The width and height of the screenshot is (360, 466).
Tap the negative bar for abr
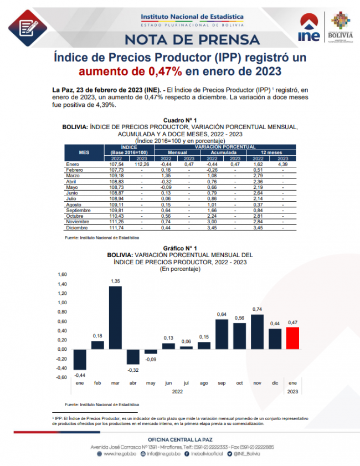tap(133, 356)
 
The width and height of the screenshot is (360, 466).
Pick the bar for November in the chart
tap(258, 331)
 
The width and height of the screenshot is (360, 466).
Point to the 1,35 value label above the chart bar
tap(116, 281)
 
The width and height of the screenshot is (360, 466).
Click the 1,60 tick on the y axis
tap(62, 274)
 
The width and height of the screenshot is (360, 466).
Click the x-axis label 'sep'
tap(222, 383)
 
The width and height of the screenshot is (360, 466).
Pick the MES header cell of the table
tap(84, 152)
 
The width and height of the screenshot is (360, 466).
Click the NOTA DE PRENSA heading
tap(192, 39)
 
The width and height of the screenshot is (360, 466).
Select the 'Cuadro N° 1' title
tap(180, 120)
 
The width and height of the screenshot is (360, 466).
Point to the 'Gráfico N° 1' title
tap(180, 248)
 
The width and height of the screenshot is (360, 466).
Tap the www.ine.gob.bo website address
tap(118, 454)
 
